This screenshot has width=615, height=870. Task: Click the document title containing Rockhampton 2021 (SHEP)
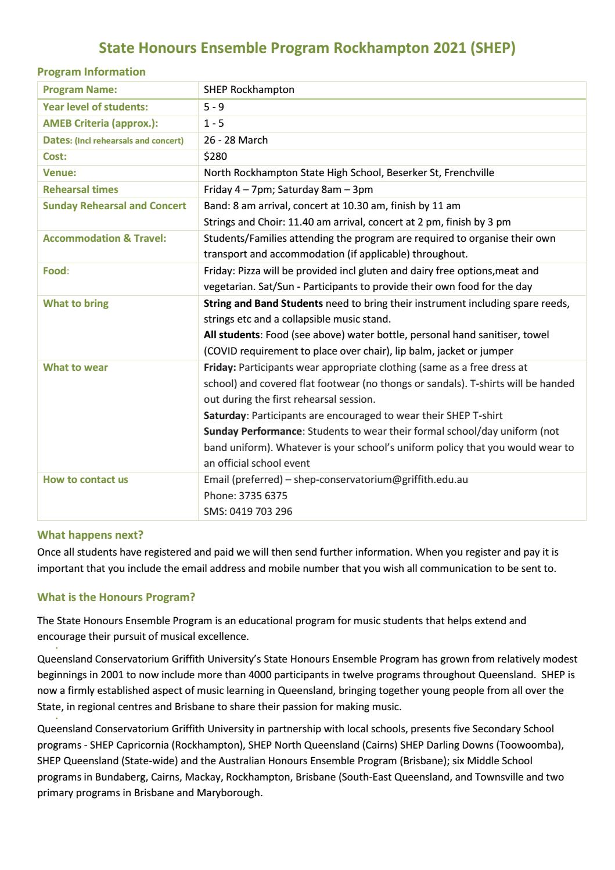(307, 48)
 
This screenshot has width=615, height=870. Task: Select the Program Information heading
(91, 71)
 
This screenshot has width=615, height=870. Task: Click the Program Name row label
(80, 89)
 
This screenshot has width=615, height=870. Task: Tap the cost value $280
(215, 156)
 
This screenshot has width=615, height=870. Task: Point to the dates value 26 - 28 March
(236, 140)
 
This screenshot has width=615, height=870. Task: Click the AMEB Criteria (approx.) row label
(100, 123)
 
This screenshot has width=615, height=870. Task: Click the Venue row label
(60, 173)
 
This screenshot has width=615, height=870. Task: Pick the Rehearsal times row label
(81, 189)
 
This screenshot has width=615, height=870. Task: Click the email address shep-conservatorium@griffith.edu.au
(381, 479)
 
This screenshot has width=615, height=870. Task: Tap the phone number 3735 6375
(262, 496)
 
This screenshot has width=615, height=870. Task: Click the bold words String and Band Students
(263, 303)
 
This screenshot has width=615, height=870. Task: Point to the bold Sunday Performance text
(253, 431)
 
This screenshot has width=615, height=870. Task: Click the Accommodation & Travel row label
(105, 238)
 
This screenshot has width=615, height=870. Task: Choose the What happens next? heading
(90, 535)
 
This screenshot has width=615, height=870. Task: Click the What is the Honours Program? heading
(116, 597)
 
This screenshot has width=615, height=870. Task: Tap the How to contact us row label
(85, 479)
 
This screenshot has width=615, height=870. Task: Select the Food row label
(55, 271)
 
